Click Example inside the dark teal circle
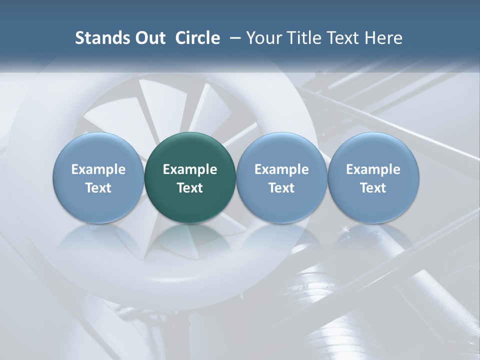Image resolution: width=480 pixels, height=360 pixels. point(190,169)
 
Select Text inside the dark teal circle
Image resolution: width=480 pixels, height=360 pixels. point(190,188)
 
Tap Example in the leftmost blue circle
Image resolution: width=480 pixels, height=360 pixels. point(98,169)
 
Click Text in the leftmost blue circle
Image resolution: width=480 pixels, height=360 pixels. point(98,188)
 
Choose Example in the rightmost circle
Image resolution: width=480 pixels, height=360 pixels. point(373,169)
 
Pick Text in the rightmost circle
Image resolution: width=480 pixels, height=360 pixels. point(373,188)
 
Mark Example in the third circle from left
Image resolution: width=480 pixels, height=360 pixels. point(281,169)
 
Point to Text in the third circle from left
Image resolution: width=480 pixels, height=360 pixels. point(281,188)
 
